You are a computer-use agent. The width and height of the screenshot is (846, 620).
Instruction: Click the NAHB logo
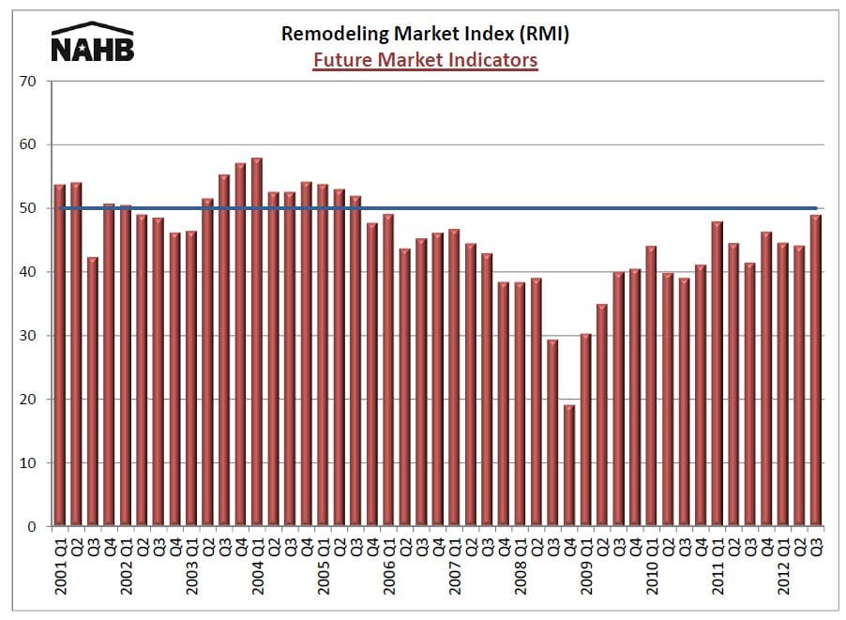point(92,42)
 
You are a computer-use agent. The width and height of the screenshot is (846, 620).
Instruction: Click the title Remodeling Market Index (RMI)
point(426,35)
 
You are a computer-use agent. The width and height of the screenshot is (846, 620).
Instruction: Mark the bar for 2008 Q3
point(553,432)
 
